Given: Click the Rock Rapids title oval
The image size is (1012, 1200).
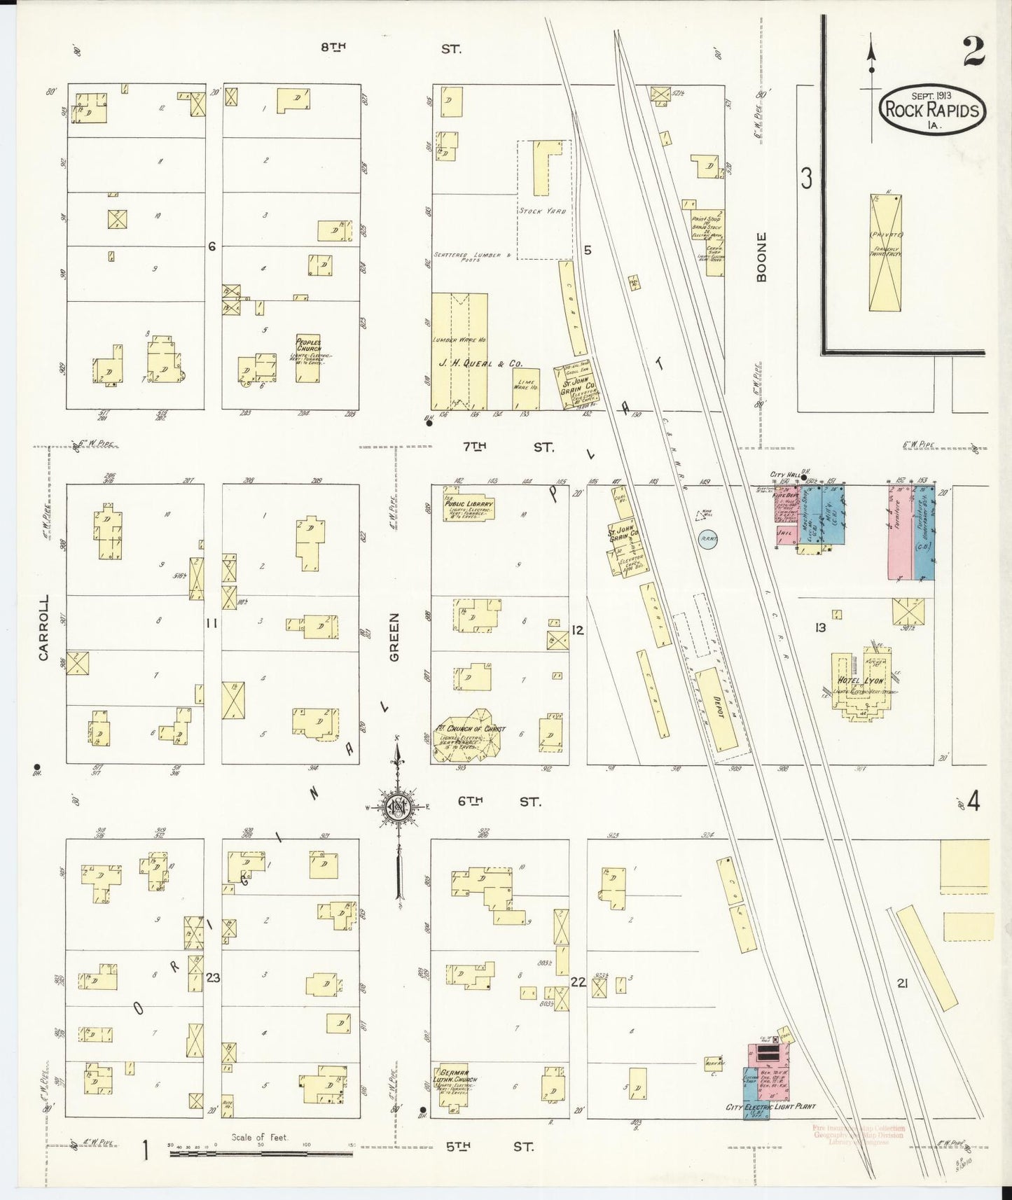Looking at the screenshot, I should click(933, 111).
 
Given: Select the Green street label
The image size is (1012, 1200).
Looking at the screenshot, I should click(394, 637).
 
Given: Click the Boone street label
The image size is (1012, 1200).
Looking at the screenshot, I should click(762, 257).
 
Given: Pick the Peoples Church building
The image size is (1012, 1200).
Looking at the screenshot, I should click(307, 358).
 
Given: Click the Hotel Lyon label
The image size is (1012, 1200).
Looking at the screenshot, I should click(860, 681).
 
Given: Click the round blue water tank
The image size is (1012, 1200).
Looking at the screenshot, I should click(708, 540).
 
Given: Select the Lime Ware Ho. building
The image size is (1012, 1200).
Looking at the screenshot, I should click(526, 389).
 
